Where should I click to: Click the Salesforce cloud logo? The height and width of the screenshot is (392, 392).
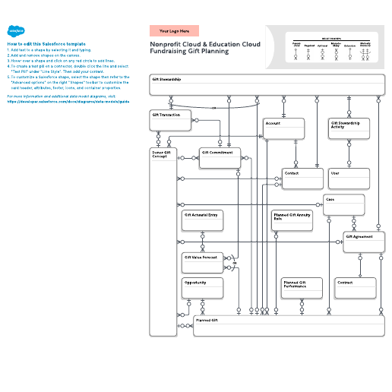point(14,30)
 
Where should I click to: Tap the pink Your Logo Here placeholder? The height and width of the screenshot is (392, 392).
point(174,31)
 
